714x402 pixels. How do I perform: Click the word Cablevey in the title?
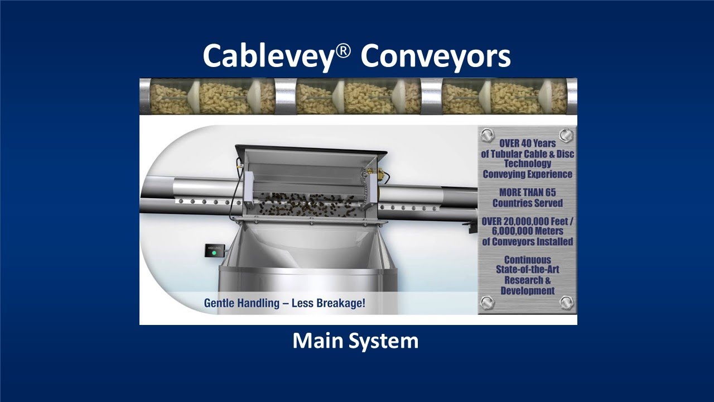pyautogui.click(x=267, y=56)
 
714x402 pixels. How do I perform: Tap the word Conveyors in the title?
pyautogui.click(x=435, y=56)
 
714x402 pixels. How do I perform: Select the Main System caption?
pyautogui.click(x=355, y=341)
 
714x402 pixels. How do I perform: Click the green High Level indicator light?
pyautogui.click(x=214, y=253)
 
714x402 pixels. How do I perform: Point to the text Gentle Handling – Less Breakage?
pyautogui.click(x=284, y=304)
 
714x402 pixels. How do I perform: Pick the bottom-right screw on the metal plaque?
pyautogui.click(x=566, y=303)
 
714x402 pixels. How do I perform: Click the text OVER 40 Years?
pyautogui.click(x=528, y=143)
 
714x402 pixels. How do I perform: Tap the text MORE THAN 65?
pyautogui.click(x=528, y=193)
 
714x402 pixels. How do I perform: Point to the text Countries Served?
pyautogui.click(x=528, y=203)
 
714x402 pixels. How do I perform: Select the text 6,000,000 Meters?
pyautogui.click(x=528, y=231)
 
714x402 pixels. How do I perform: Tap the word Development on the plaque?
pyautogui.click(x=528, y=291)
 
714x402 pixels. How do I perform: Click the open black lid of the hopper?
pyautogui.click(x=311, y=149)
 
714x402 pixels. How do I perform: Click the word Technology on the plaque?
pyautogui.click(x=528, y=164)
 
